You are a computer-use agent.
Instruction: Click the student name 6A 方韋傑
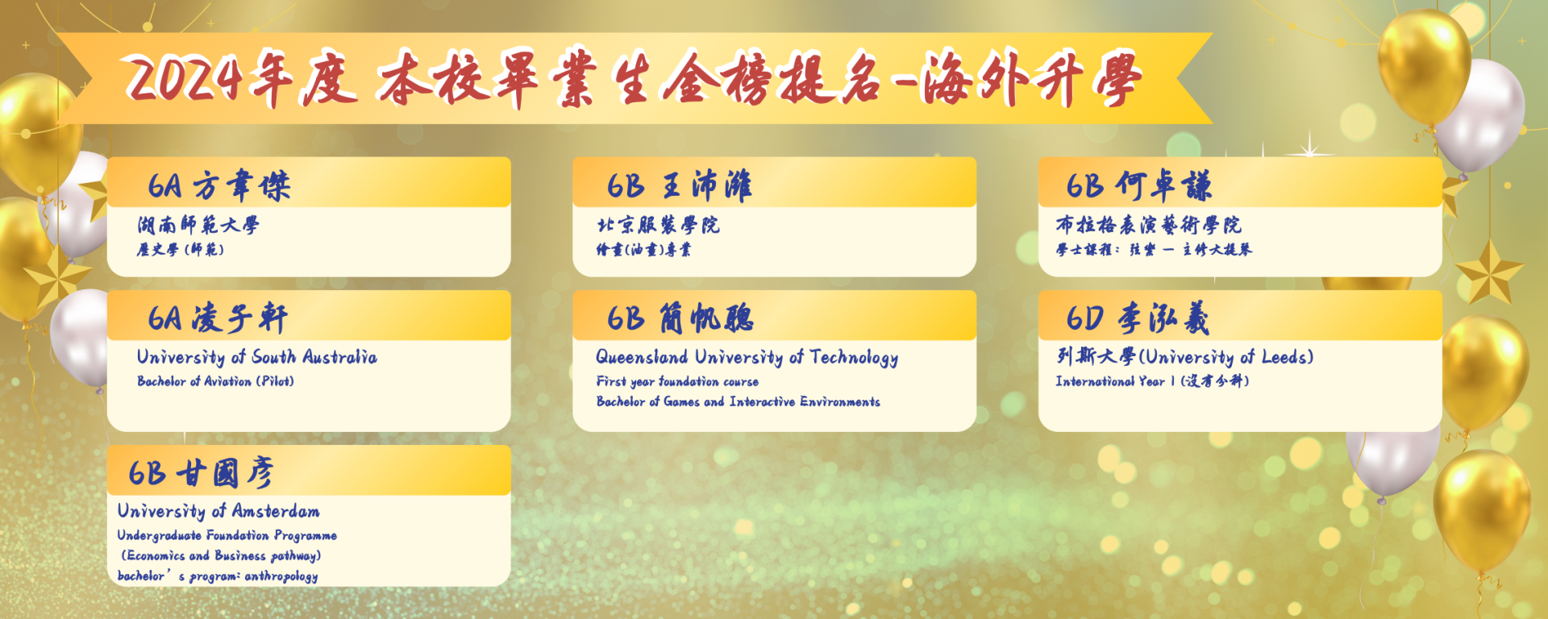pos(218,185)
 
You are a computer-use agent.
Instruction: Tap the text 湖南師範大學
pos(198,225)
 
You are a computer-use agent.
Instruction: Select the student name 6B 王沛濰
pos(680,185)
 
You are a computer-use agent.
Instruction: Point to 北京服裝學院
pos(658,225)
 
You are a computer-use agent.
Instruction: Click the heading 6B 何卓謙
pos(1138,185)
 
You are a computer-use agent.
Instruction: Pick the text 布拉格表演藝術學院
pos(1149,225)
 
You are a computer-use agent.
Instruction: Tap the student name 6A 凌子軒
pos(218,318)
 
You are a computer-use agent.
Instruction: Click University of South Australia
pos(256,357)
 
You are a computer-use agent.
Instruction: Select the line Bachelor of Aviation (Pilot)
pos(215,381)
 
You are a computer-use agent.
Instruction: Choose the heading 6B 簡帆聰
pos(680,318)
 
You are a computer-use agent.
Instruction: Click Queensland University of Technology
pos(747,358)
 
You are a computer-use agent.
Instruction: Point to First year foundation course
pos(677,381)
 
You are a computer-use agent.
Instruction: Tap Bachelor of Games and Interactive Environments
pos(739,401)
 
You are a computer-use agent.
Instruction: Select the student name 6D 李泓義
pos(1138,318)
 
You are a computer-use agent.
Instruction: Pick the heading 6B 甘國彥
pos(201,472)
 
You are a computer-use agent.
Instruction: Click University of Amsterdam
pos(218,511)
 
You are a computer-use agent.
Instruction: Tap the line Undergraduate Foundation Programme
pos(227,535)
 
